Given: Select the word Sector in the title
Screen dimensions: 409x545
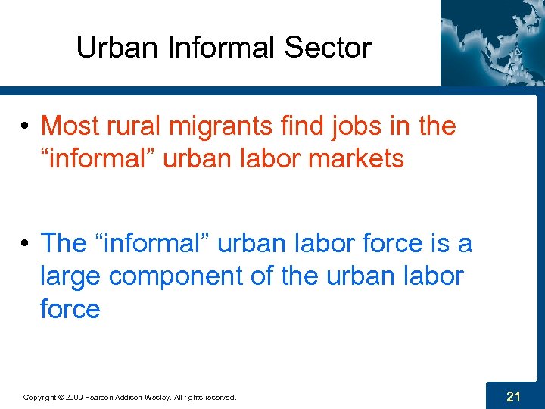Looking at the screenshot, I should tap(328, 48).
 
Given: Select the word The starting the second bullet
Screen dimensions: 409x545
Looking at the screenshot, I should tap(64, 243).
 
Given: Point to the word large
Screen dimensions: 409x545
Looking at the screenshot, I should tap(70, 277).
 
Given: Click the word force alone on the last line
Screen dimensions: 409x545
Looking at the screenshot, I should tap(70, 309).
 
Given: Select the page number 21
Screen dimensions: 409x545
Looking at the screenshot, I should tap(513, 395).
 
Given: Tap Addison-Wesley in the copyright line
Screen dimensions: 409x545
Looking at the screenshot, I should tap(152, 397).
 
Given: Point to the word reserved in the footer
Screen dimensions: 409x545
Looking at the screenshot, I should tap(220, 397).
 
